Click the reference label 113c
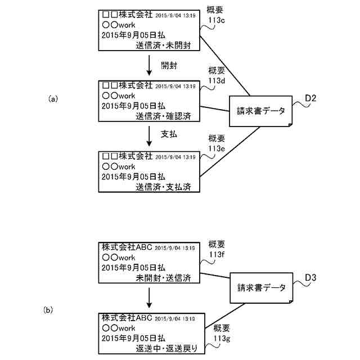pos(217,20)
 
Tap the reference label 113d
pos(217,80)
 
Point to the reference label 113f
pos(217,254)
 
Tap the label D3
pos(310,277)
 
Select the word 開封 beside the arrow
pos(169,66)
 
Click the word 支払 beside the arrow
pos(169,134)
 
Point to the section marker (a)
pos(53,98)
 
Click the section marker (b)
pos(49,309)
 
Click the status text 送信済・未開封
pos(165,47)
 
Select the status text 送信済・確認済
pos(165,116)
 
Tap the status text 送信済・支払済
pos(165,185)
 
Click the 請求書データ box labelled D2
pos(261,110)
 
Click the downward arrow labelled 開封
pos(149,66)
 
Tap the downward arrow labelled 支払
pos(149,135)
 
